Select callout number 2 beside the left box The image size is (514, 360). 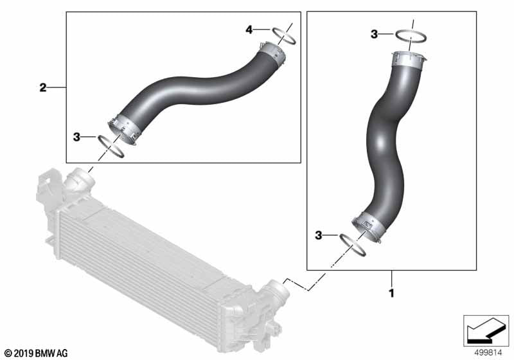[x=43, y=87]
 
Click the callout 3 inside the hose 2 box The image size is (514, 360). [x=76, y=137]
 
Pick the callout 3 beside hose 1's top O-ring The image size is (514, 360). [x=374, y=34]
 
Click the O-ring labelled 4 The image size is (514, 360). [x=285, y=36]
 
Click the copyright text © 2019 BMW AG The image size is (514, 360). [x=35, y=353]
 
